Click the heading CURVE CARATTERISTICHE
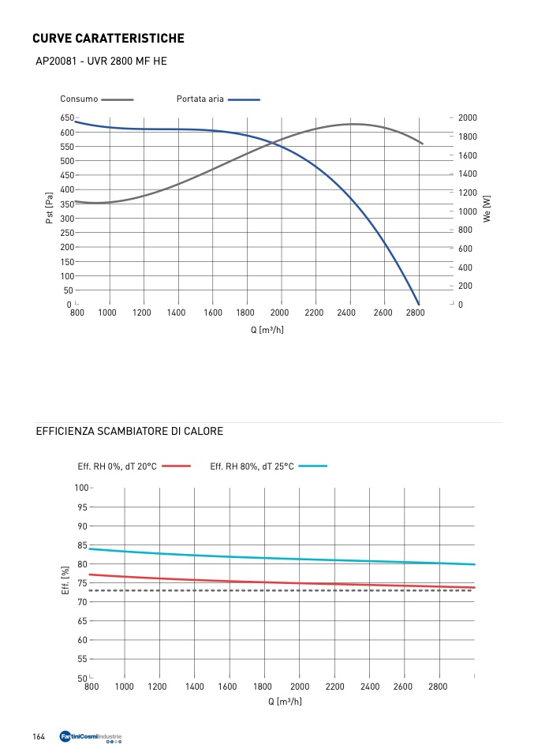click(x=108, y=38)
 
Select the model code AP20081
click(x=57, y=61)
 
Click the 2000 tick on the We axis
click(x=469, y=118)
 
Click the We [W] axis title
click(x=487, y=208)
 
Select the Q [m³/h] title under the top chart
click(x=267, y=329)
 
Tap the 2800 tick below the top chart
click(x=417, y=313)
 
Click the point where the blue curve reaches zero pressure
click(x=419, y=305)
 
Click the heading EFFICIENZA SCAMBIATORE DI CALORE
click(x=129, y=432)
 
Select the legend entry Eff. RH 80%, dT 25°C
click(x=252, y=466)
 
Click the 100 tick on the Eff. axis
click(x=81, y=488)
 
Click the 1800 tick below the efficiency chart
click(x=263, y=687)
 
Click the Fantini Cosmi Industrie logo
click(x=91, y=738)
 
